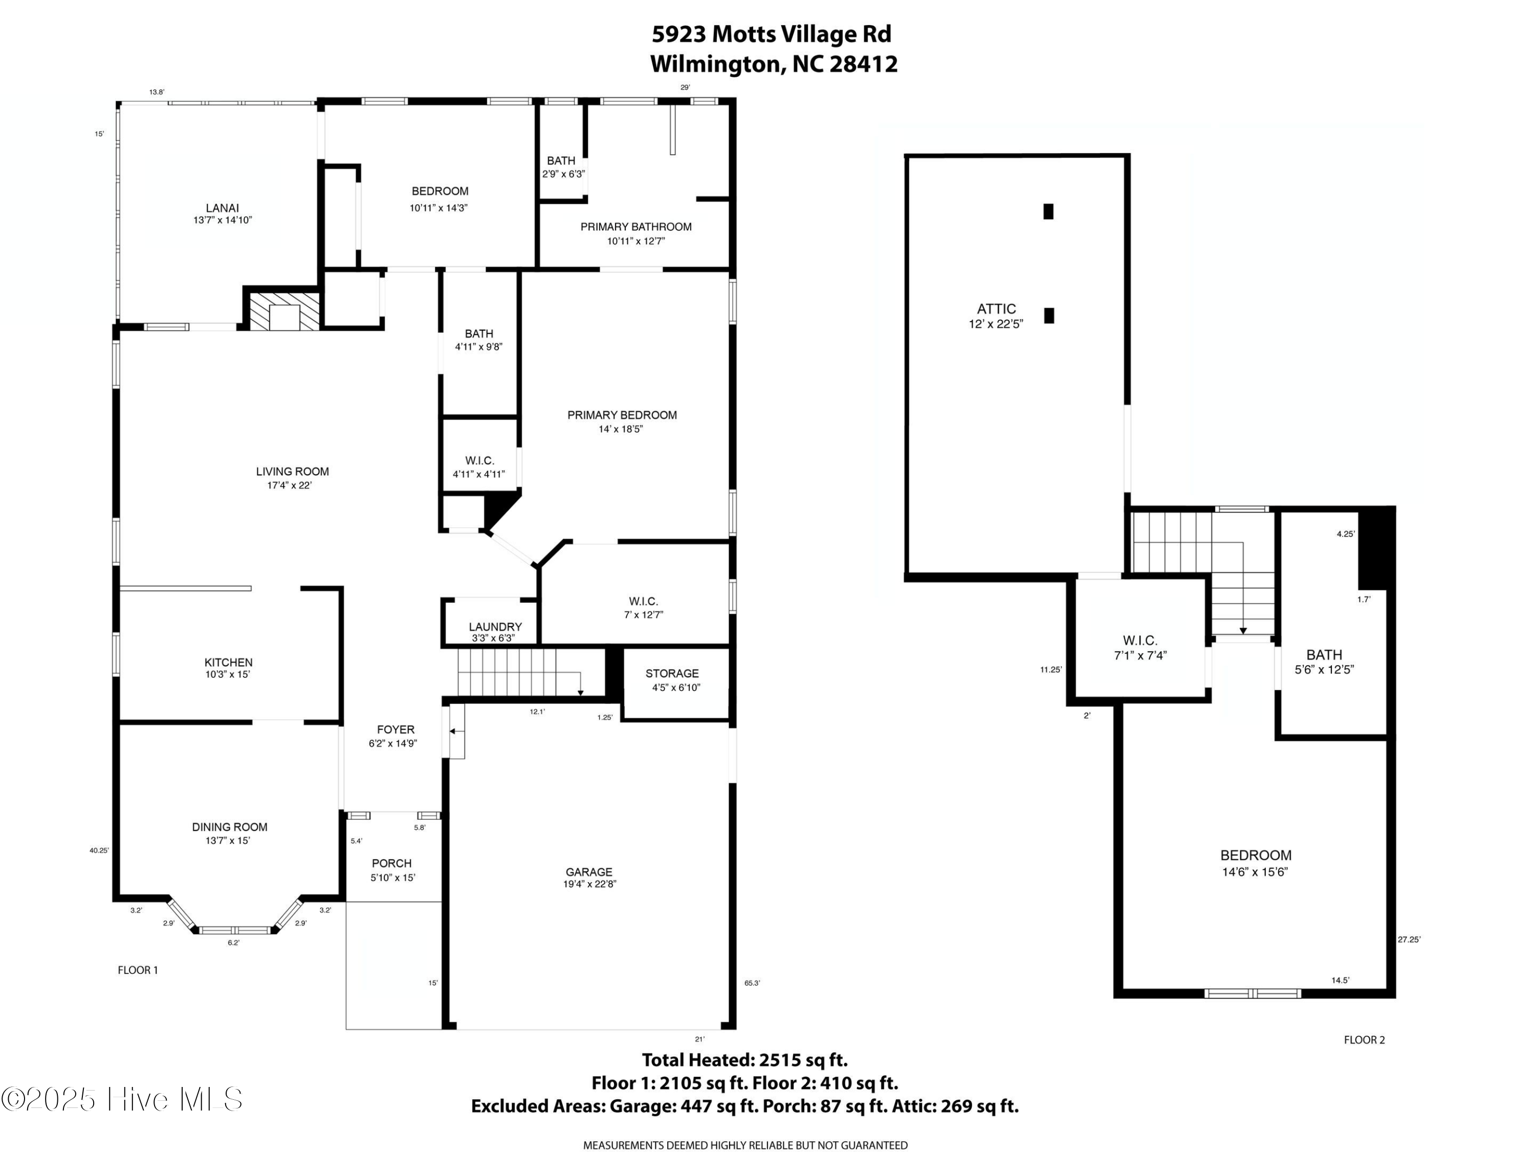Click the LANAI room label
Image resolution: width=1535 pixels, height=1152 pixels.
click(x=222, y=208)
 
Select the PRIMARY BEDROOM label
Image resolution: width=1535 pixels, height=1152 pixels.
click(x=622, y=415)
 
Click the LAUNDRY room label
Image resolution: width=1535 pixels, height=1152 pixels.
click(x=495, y=626)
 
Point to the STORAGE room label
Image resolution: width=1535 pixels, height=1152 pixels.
click(x=672, y=674)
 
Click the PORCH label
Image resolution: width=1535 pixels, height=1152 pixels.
click(x=391, y=863)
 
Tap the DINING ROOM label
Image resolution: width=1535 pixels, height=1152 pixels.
click(x=230, y=827)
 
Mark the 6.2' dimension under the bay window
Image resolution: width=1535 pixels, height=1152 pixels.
click(x=233, y=942)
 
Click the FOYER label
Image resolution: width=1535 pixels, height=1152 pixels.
click(x=396, y=730)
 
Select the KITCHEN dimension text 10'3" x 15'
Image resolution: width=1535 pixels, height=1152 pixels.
click(x=228, y=674)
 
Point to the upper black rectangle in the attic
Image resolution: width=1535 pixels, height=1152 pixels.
click(x=1048, y=211)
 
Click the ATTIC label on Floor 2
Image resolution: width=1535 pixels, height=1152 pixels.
click(x=997, y=309)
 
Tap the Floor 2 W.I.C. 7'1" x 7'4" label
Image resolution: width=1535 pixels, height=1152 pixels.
click(x=1140, y=647)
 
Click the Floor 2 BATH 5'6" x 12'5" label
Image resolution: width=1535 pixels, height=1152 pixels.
click(x=1324, y=661)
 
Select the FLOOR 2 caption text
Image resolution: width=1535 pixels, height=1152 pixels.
click(x=1364, y=1039)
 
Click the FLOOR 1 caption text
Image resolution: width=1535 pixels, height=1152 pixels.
click(x=138, y=970)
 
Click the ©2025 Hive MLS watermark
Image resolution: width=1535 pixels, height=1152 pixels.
click(x=122, y=1099)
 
